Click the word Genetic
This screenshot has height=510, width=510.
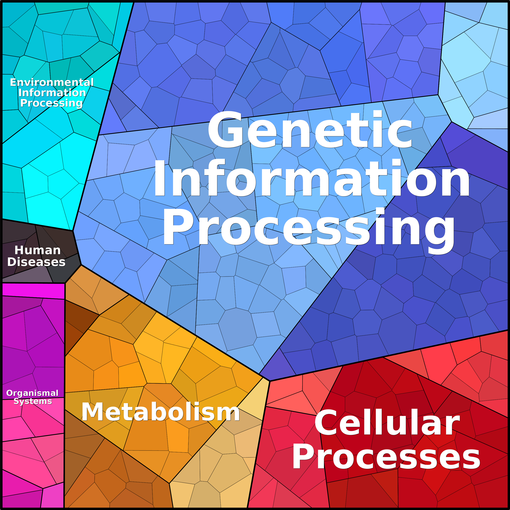[x=310, y=130]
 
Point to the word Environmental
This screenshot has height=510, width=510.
[x=52, y=82]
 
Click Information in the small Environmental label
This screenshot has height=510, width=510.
[x=52, y=93]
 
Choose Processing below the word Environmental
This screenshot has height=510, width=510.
[x=52, y=103]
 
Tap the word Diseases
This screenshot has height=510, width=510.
[x=36, y=262]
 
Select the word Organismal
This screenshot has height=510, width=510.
[x=32, y=393]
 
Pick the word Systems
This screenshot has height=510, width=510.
[x=33, y=401]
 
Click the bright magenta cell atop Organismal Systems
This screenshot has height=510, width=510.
[x=33, y=291]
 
